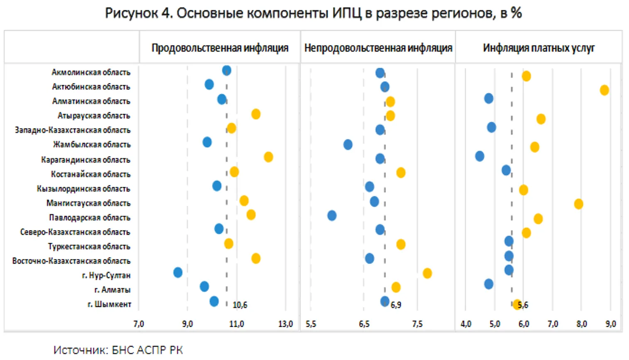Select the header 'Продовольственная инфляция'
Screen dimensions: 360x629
pos(220,48)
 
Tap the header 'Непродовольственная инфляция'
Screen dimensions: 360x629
pos(378,48)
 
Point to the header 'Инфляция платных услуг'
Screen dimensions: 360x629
pos(538,48)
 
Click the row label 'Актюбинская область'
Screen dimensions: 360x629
pos(91,87)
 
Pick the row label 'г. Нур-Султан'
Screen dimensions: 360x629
pos(106,275)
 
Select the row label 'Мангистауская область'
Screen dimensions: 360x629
pos(88,203)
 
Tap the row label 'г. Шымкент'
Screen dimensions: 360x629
pos(109,304)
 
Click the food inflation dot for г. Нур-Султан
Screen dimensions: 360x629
pos(178,272)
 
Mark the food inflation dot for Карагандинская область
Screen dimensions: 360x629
pos(268,157)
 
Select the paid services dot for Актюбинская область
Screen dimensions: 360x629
pos(604,90)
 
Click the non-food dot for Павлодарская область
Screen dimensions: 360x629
pos(332,216)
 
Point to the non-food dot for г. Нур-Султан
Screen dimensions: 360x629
pos(427,273)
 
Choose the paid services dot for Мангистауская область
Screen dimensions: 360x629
pos(578,204)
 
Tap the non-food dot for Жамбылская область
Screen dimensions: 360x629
pos(348,144)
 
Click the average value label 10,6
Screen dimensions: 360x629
pos(240,305)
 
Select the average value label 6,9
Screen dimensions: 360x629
pos(396,305)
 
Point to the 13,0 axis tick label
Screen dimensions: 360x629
pos(285,324)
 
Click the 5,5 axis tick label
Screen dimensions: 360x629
pos(311,324)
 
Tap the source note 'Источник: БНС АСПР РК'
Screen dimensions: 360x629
pos(118,350)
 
